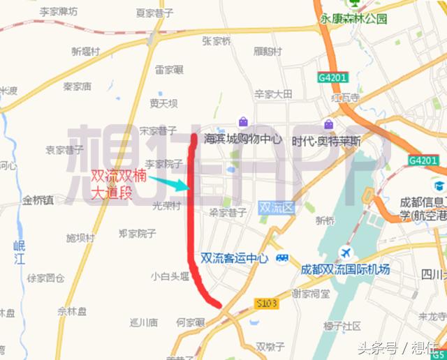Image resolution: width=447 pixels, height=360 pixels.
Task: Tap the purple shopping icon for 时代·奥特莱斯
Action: pos(328,124)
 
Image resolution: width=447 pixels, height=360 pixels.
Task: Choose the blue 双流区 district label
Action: pos(278,207)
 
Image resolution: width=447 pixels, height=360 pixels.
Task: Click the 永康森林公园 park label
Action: pos(353,19)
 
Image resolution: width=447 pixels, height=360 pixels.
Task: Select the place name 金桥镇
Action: pos(38,200)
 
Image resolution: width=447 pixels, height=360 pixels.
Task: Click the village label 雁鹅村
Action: pos(268,52)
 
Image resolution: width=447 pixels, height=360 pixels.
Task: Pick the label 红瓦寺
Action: pos(345,98)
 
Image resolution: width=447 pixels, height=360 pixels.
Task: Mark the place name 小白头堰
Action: pos(170,276)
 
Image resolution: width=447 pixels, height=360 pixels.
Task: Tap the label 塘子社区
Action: pos(342,326)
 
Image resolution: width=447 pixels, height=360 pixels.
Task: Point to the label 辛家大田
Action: pos(273,93)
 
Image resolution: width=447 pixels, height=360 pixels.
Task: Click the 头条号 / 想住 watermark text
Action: pos(398,347)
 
